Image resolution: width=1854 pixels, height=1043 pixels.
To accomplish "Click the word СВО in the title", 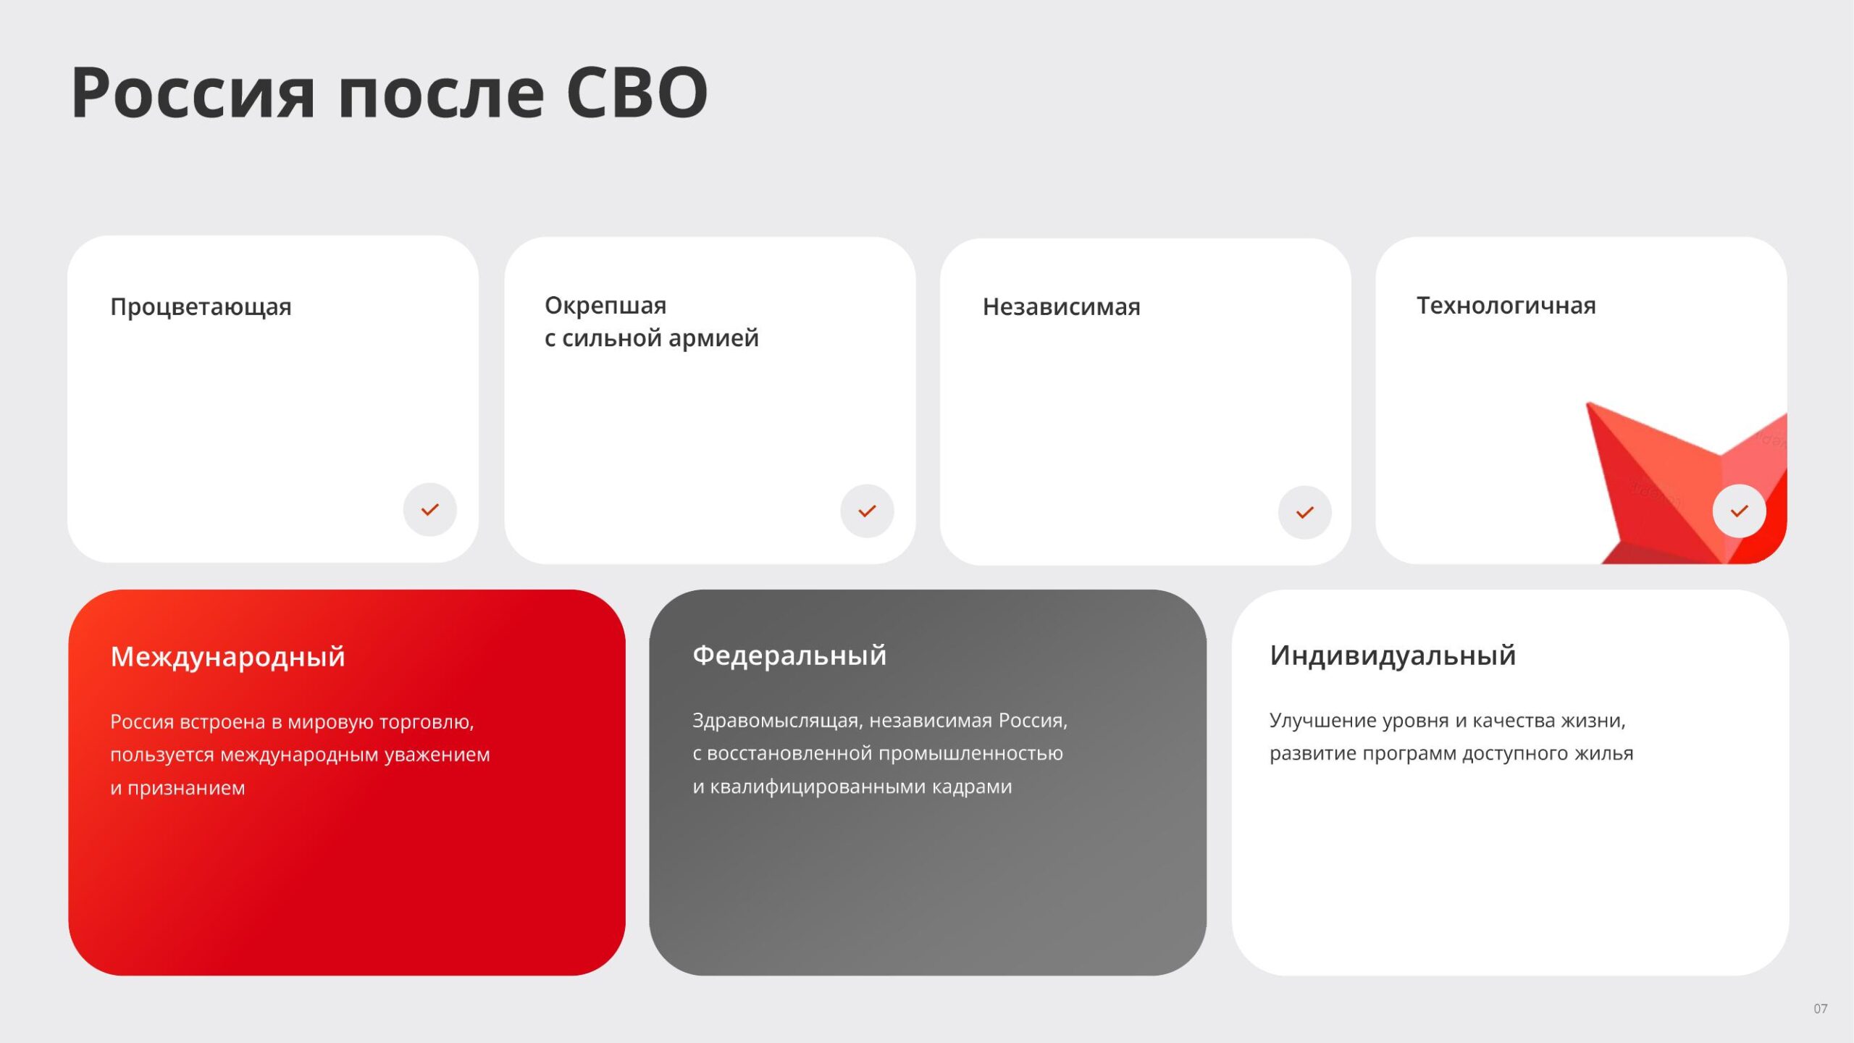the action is (637, 93).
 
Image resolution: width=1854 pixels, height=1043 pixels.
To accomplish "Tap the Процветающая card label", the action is (201, 307).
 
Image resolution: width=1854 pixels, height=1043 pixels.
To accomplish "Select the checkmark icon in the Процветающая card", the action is (430, 510).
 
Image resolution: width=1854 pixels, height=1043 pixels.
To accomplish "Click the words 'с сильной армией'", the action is (652, 338).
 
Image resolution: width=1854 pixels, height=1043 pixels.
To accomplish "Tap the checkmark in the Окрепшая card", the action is (867, 511).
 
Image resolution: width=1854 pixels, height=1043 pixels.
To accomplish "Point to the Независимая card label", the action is (1061, 307).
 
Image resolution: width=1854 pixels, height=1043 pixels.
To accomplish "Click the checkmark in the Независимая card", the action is (1305, 513).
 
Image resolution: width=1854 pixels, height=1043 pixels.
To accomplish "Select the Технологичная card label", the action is (1506, 306).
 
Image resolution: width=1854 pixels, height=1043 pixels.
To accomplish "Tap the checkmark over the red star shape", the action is (1740, 511).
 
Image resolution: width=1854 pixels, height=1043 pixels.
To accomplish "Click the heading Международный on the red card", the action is (228, 657).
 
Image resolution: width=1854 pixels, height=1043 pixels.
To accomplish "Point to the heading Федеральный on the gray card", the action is (789, 655).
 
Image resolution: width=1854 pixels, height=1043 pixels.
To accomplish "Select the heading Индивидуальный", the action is (1393, 655).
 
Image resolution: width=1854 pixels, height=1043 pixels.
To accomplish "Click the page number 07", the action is (1821, 1008).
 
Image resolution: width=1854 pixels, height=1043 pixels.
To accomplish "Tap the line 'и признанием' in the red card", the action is (177, 788).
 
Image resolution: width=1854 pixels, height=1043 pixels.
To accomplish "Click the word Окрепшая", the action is (605, 306).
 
